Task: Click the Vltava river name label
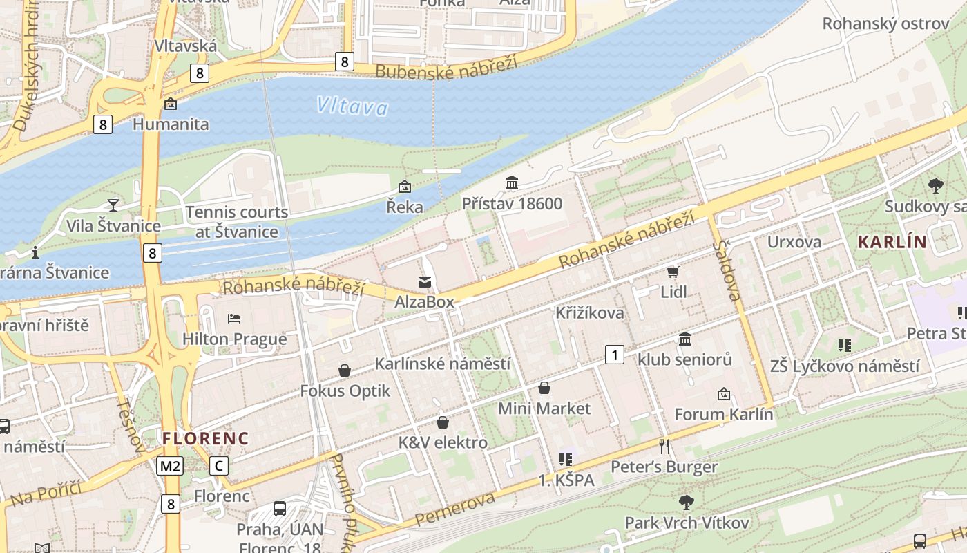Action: coord(352,106)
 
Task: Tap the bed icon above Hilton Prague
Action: coord(234,319)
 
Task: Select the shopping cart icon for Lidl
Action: coord(673,272)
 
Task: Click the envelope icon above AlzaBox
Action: coord(424,282)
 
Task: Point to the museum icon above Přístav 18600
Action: coord(512,183)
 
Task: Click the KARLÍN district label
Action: coord(892,242)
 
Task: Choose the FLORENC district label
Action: coord(205,438)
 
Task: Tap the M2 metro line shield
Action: coord(170,466)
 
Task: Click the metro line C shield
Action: coord(219,466)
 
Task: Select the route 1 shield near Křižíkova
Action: coord(614,355)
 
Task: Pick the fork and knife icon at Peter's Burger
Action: coord(664,447)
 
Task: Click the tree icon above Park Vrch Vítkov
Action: coord(686,502)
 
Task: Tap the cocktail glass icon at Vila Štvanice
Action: coord(113,205)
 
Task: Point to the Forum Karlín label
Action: coord(723,415)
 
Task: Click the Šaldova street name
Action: coord(728,270)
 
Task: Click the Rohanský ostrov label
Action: coord(885,24)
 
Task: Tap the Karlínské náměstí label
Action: coord(442,364)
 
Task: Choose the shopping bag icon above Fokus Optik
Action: coord(345,371)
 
